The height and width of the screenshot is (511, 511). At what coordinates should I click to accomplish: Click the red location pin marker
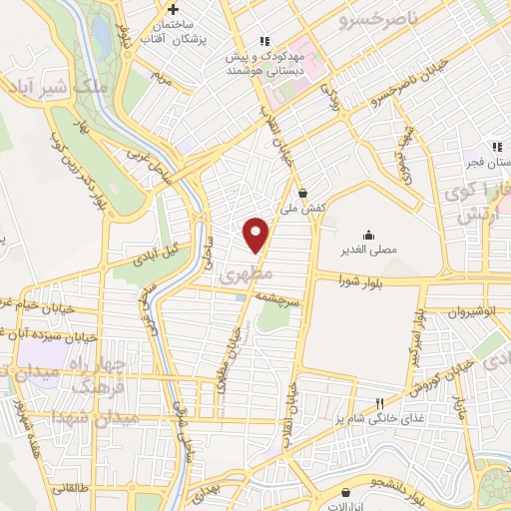257,234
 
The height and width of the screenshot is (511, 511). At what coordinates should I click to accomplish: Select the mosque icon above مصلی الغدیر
369,237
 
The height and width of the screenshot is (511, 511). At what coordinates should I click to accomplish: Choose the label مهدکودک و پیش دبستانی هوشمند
264,63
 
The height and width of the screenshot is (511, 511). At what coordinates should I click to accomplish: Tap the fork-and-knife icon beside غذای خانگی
379,404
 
